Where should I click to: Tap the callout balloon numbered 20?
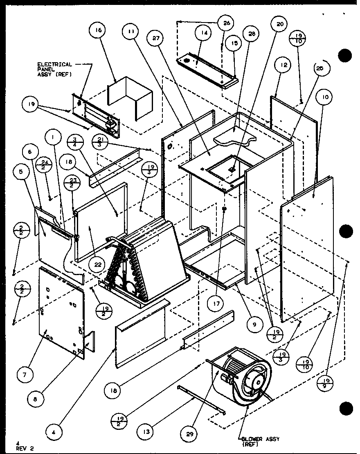point(280,24)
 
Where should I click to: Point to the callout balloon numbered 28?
point(252,34)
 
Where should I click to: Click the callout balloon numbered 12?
point(284,65)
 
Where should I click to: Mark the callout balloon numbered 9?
point(254,324)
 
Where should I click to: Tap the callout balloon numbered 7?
point(25,374)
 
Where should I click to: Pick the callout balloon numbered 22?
point(97,264)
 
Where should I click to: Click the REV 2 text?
point(25,447)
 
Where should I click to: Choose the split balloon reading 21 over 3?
point(100,140)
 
